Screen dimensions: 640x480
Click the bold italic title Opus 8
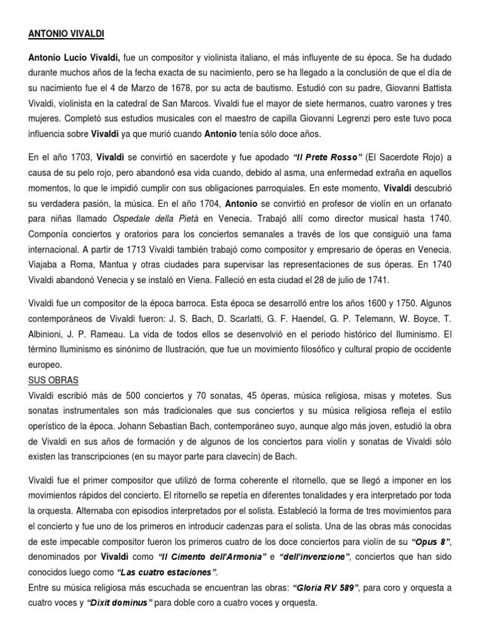click(431, 541)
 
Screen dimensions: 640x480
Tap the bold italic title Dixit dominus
click(119, 602)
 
